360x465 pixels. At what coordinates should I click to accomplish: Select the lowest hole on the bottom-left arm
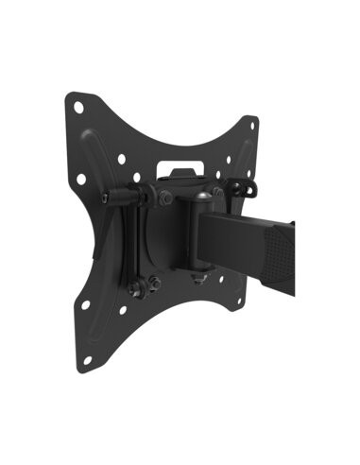[88, 359]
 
